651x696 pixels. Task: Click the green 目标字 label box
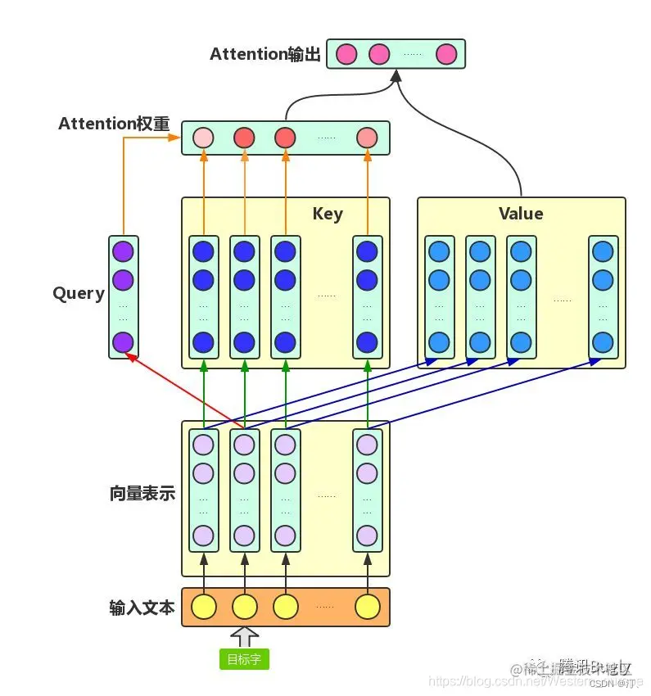point(244,659)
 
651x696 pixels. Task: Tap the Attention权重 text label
point(114,124)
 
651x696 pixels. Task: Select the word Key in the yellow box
point(328,214)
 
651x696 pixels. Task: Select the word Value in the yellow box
point(521,214)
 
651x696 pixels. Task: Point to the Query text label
point(79,293)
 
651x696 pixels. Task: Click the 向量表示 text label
point(142,494)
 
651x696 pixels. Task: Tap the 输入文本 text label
point(142,608)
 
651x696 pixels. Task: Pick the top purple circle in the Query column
point(123,251)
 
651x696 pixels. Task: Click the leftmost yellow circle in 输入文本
point(203,607)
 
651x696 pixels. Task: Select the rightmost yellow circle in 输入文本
point(368,607)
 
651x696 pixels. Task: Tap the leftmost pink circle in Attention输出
point(346,54)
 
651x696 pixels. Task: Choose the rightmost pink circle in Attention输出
point(446,54)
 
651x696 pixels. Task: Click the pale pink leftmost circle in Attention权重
point(203,138)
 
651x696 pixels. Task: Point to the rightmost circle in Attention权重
point(367,138)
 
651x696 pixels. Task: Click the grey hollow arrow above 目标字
point(244,636)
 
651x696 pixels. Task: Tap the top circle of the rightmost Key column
point(368,251)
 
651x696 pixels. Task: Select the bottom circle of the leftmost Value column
point(440,341)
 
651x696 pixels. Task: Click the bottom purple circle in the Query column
point(123,341)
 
